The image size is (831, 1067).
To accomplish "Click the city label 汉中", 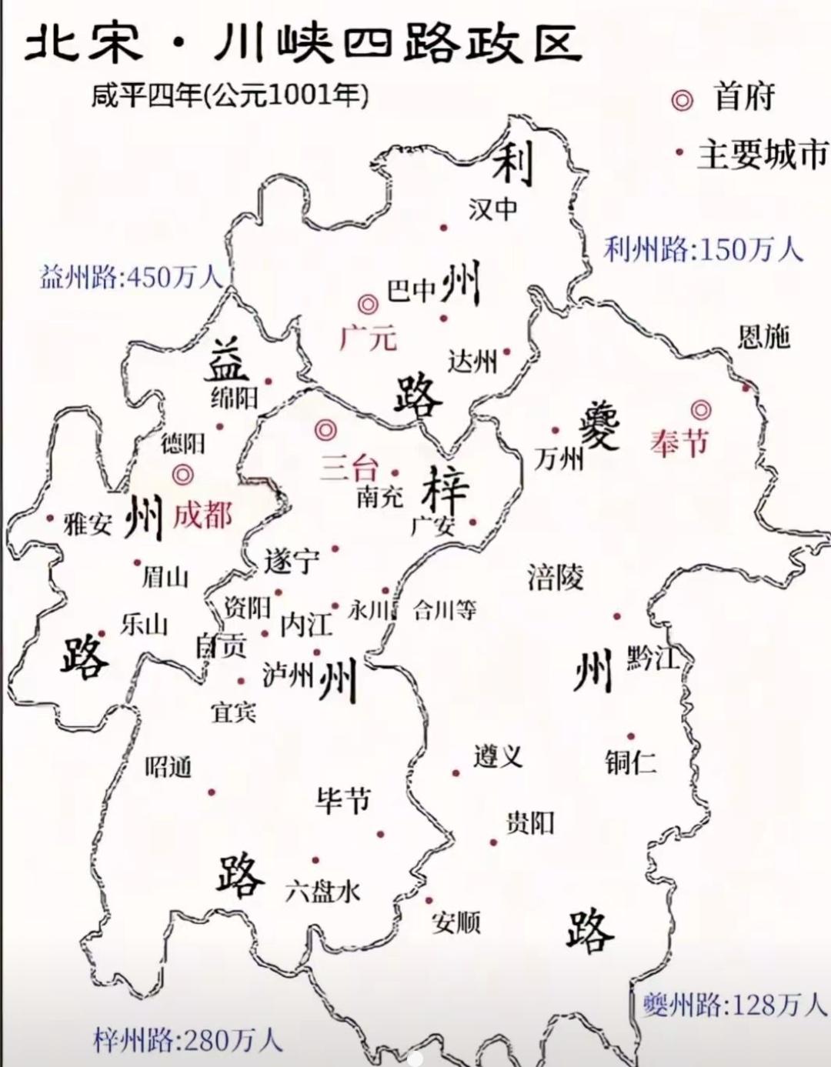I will tap(492, 208).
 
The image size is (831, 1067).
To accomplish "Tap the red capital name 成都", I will tap(202, 515).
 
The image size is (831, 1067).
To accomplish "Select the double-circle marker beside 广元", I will tap(369, 304).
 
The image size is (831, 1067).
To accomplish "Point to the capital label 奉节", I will tap(679, 442).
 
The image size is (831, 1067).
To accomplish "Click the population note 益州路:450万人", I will tap(131, 277).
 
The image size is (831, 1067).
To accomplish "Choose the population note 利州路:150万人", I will tap(703, 248).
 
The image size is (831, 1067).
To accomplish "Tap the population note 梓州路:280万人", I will tap(188, 1040).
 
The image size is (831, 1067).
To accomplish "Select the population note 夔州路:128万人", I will tap(733, 1004).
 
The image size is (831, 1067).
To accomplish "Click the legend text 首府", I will tap(743, 98).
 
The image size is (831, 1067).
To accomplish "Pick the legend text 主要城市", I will tap(762, 155).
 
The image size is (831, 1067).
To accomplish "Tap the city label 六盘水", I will tap(322, 892).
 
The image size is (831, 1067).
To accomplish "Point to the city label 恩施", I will tap(763, 337).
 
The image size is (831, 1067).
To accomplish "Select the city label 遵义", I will tap(498, 756).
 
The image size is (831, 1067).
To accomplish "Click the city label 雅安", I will tap(88, 525).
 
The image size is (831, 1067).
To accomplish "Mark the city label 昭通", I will tap(168, 766).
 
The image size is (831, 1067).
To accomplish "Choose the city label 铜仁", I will tap(630, 762).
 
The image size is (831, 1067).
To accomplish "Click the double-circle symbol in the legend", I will tap(681, 100).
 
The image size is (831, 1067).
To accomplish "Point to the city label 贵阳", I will tap(529, 823).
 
